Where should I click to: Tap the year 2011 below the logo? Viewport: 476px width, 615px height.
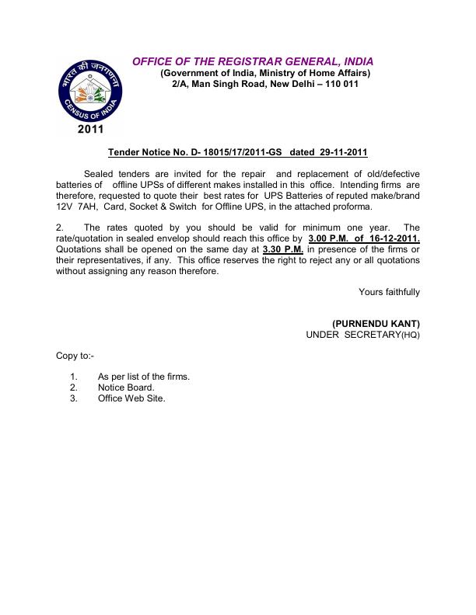click(x=91, y=130)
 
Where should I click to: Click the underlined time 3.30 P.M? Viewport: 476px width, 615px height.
click(x=283, y=249)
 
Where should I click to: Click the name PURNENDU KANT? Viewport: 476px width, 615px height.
click(x=376, y=323)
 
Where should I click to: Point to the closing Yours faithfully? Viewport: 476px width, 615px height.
click(x=389, y=292)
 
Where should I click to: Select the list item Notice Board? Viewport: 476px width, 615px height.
click(x=126, y=387)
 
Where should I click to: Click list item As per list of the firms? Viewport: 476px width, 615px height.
click(x=144, y=376)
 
